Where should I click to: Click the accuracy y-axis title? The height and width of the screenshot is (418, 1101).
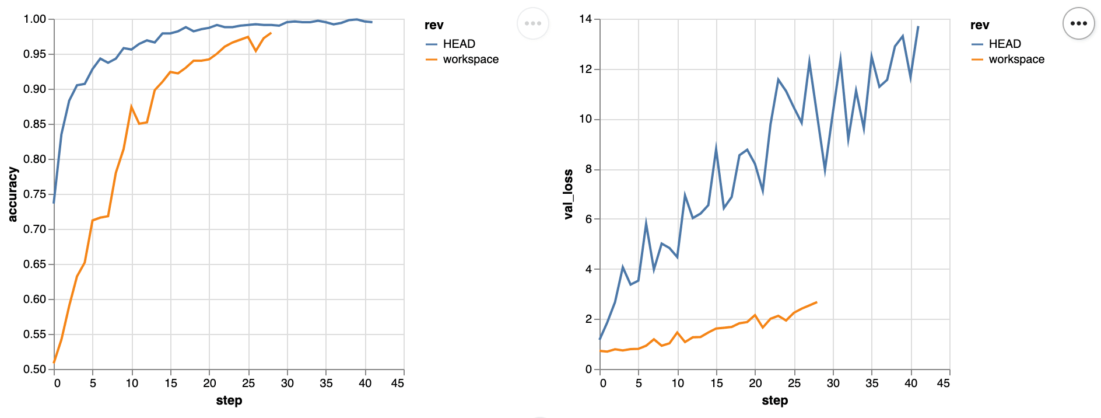(x=13, y=194)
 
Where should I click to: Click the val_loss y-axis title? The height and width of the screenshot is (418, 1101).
(x=568, y=194)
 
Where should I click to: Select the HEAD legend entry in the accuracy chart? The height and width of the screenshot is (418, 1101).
(x=458, y=44)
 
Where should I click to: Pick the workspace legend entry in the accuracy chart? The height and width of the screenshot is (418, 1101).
(x=470, y=60)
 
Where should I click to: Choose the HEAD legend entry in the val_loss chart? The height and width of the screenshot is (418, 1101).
(x=1004, y=44)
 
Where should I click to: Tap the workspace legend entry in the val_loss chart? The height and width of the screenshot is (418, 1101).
(x=1016, y=60)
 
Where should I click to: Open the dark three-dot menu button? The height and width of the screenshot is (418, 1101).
(x=1078, y=23)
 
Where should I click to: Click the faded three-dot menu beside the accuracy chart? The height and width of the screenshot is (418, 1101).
(x=532, y=23)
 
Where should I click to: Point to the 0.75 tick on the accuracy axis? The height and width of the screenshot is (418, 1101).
(x=34, y=194)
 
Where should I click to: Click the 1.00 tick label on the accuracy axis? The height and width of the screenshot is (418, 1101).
(x=34, y=19)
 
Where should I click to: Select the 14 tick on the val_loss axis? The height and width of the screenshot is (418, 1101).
(x=585, y=19)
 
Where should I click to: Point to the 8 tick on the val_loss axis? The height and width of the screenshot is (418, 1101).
(x=588, y=169)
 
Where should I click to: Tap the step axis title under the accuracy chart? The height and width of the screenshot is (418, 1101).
(x=229, y=400)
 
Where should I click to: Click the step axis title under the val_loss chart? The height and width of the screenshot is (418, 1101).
(x=774, y=400)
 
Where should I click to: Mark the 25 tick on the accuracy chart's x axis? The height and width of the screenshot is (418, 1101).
(x=248, y=384)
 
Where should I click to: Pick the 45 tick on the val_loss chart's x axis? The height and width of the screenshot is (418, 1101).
(x=943, y=384)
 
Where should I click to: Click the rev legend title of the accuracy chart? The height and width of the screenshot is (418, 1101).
(x=434, y=25)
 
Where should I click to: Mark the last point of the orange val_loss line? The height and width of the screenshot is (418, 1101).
(x=816, y=302)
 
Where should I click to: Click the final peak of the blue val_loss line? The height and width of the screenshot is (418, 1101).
(x=918, y=26)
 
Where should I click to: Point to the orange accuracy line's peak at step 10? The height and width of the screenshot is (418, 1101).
(x=132, y=106)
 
